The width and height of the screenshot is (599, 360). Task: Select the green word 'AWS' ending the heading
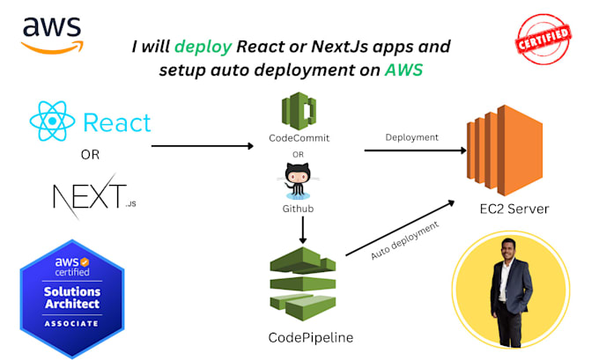pyautogui.click(x=403, y=70)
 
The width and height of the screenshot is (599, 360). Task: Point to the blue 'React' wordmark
pyautogui.click(x=117, y=123)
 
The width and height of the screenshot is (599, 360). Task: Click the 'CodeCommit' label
pyautogui.click(x=299, y=139)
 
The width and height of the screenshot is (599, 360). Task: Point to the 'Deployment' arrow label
pyautogui.click(x=412, y=137)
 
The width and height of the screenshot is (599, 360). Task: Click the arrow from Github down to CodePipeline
pyautogui.click(x=302, y=229)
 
